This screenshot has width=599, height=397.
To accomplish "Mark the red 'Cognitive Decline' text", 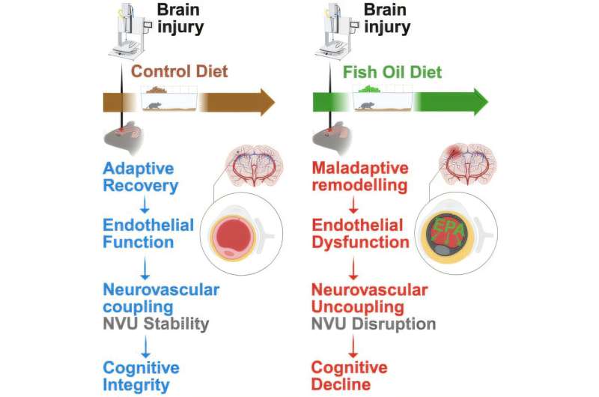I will [x=350, y=377].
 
